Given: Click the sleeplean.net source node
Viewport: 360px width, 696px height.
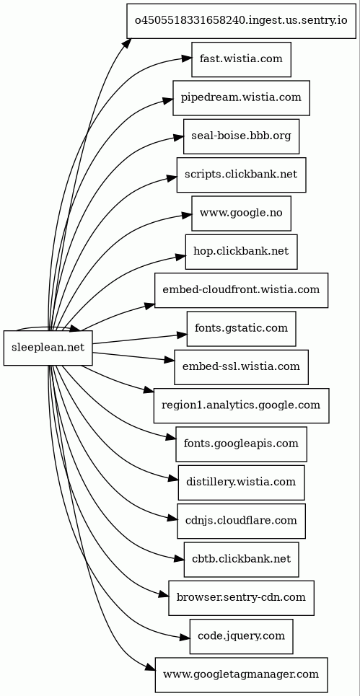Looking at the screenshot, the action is (x=48, y=348).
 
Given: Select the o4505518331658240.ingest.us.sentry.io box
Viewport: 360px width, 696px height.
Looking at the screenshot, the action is (x=241, y=21).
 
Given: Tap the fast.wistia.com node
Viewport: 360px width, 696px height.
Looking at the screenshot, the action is (x=242, y=59).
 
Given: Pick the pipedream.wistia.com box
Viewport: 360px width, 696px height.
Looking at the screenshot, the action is (x=242, y=97).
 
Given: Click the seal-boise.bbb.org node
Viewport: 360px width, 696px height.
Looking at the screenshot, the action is (x=242, y=136).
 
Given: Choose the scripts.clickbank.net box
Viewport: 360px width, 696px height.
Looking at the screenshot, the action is (x=242, y=175).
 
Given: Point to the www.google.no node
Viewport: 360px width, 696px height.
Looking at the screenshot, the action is (x=242, y=213).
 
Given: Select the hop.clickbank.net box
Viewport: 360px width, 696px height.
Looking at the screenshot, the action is (x=242, y=252).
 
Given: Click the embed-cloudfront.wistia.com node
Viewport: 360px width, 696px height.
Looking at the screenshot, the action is (x=242, y=290).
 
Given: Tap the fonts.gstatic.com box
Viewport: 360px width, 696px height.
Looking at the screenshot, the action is (x=242, y=329).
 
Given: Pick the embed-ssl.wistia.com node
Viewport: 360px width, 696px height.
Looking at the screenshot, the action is (x=242, y=367).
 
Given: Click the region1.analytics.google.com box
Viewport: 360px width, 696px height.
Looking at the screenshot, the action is (x=242, y=406).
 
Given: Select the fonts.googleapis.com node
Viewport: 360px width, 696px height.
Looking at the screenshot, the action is (x=242, y=444).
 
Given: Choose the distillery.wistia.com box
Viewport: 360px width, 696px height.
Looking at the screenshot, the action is (x=242, y=483).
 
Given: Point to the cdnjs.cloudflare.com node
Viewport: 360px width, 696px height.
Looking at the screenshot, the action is (x=242, y=521).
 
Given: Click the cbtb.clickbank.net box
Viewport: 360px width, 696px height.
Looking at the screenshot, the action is (x=242, y=560).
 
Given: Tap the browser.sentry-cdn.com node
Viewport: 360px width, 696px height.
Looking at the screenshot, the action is (x=242, y=598).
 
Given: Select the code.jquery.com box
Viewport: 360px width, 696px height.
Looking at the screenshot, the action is (x=242, y=637).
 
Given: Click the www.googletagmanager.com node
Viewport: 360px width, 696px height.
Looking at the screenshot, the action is (x=242, y=675).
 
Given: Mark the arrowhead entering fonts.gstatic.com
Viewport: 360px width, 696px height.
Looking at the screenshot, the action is (x=182, y=335).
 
